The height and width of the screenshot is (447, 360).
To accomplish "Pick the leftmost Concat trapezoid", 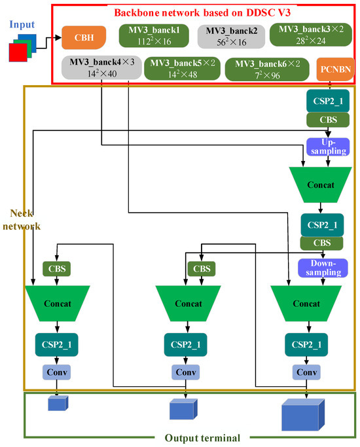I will coord(58,304).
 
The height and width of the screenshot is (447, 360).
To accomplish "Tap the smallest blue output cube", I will coord(58,403).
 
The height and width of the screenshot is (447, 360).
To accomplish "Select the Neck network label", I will coord(26,220).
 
